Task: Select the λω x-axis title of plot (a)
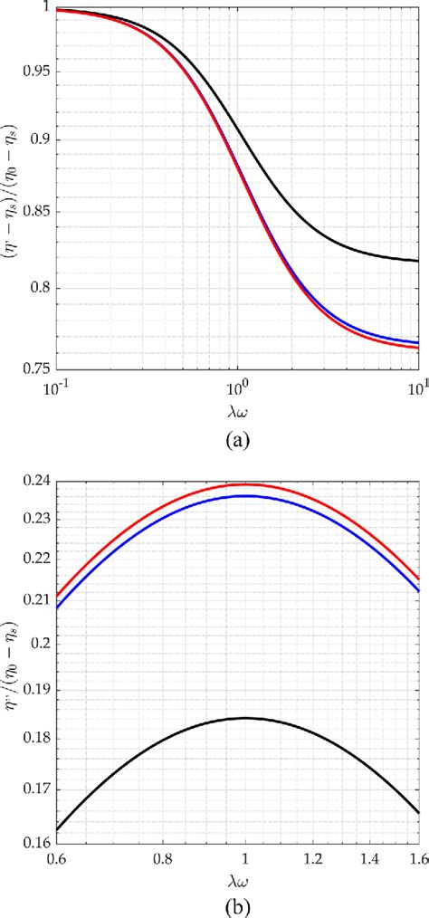(x=237, y=410)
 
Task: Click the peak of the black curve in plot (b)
(x=244, y=718)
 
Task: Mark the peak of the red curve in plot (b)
(x=244, y=484)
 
